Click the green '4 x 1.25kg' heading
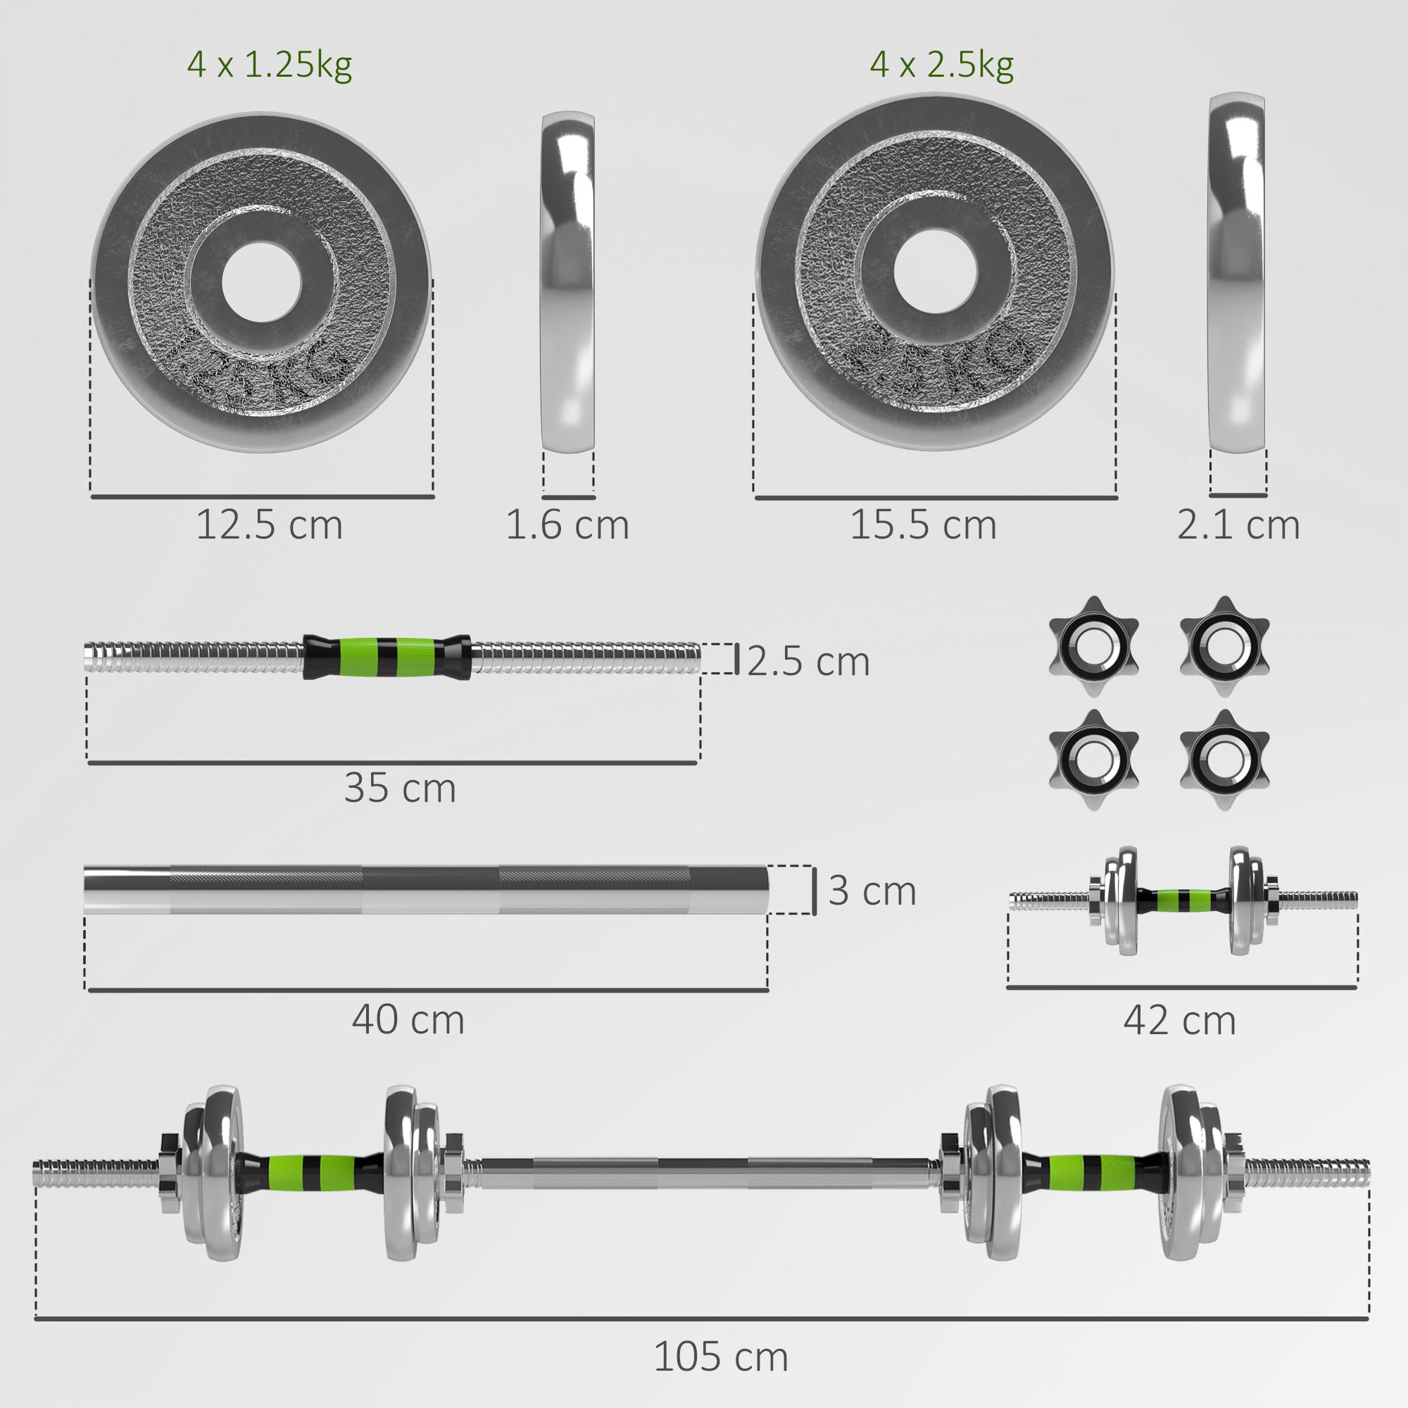point(270,66)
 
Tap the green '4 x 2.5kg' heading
point(941,66)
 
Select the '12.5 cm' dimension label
point(269,525)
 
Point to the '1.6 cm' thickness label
point(567,525)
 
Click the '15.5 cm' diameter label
point(924,525)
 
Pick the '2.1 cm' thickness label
point(1238,525)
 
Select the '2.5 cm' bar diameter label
point(808,662)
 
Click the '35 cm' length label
point(400,788)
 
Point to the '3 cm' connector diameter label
point(872,891)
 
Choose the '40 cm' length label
point(408,1019)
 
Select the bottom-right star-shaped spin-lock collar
point(1224,760)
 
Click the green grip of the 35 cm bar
point(386,656)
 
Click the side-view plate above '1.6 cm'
point(567,282)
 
